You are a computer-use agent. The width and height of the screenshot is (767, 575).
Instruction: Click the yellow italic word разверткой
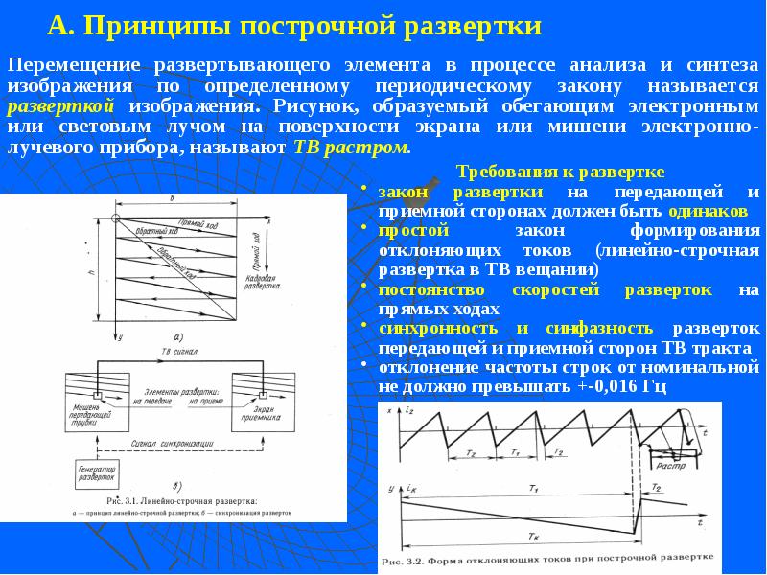coord(61,107)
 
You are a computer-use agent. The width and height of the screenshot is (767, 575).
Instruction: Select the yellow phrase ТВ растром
coord(351,149)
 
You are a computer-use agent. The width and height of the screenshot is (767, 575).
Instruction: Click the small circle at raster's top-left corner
coord(114,220)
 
